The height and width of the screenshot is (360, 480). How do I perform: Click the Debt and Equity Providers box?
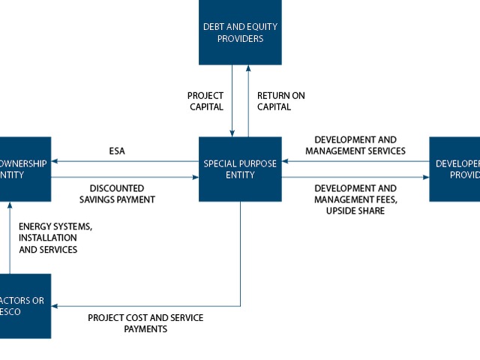click(240, 32)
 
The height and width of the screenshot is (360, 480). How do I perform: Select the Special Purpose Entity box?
click(240, 169)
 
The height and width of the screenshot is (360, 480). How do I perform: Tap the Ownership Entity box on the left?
click(25, 169)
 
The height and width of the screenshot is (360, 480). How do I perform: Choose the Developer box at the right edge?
click(455, 169)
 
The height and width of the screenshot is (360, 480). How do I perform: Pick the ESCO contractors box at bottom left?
click(25, 306)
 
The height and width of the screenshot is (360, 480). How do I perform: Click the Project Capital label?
click(205, 101)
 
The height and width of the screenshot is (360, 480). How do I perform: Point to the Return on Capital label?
click(281, 101)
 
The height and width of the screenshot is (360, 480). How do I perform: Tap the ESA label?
click(117, 151)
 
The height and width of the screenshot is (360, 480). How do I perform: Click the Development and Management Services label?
click(355, 145)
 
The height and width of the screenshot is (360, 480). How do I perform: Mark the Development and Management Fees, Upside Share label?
click(355, 199)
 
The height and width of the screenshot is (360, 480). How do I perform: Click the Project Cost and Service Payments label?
click(145, 323)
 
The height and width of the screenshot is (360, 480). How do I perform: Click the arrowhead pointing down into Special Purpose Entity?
click(232, 133)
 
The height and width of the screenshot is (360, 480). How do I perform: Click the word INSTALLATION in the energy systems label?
click(48, 238)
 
